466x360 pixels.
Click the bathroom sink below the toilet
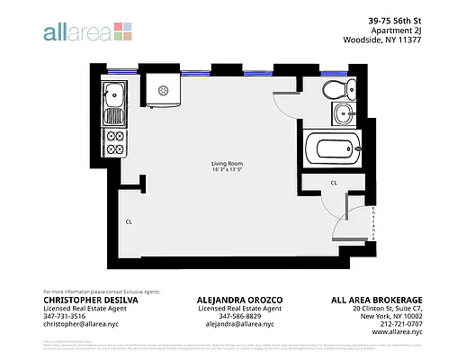342,113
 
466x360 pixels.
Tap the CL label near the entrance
334,182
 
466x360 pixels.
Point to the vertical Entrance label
373,223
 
